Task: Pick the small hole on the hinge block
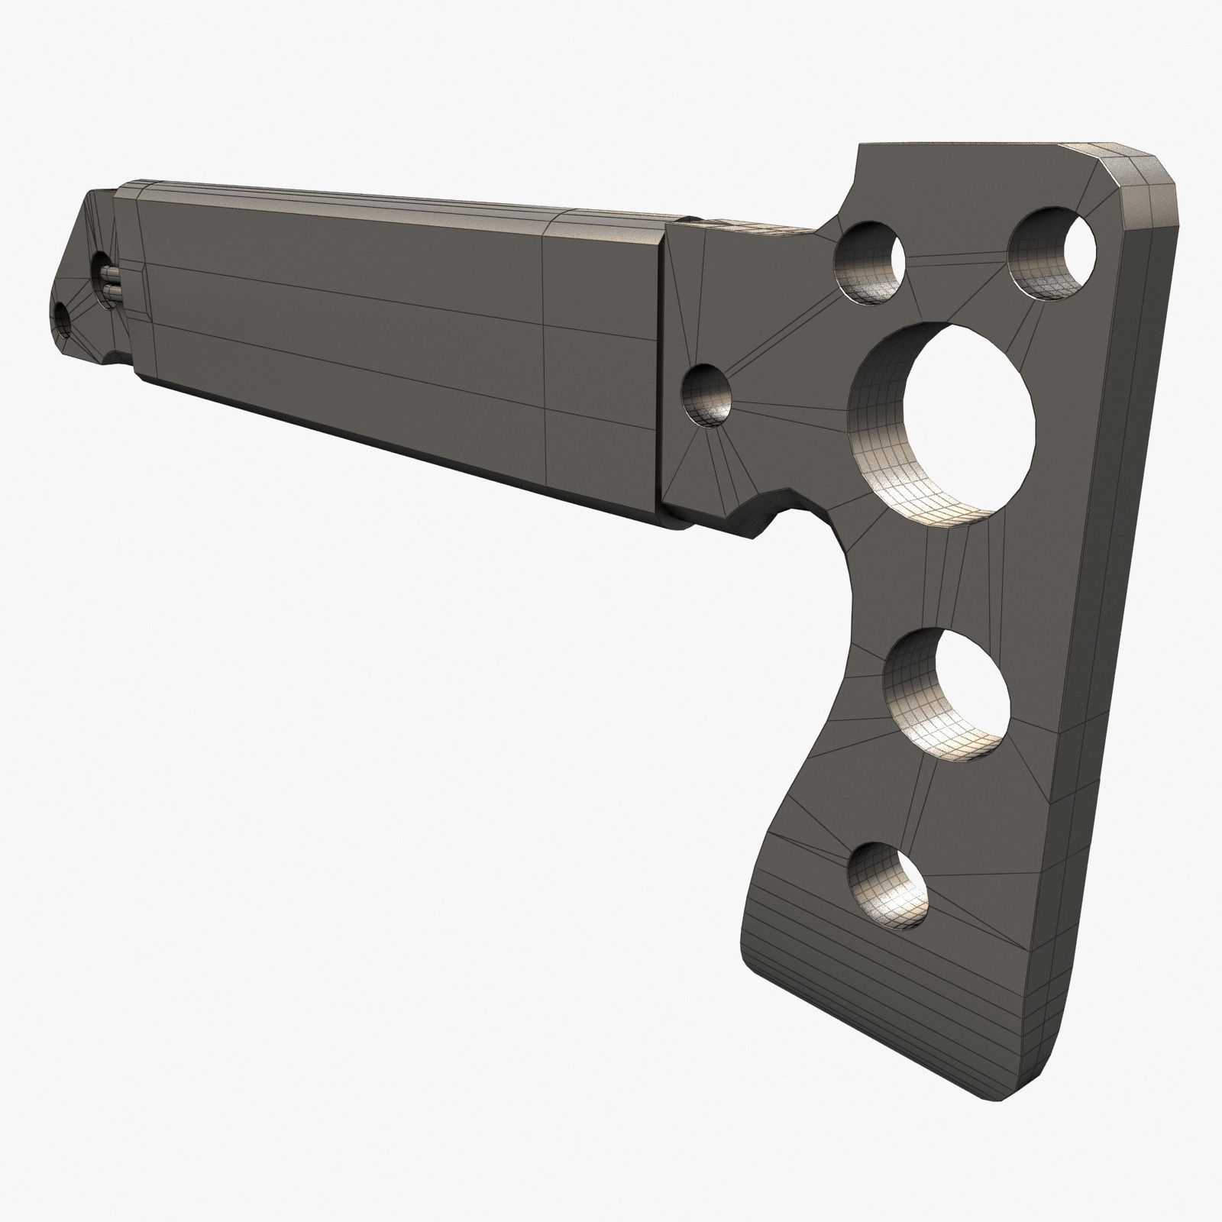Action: [x=706, y=393]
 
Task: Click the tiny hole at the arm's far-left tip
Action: [x=63, y=321]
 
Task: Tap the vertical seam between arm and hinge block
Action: [x=661, y=367]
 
